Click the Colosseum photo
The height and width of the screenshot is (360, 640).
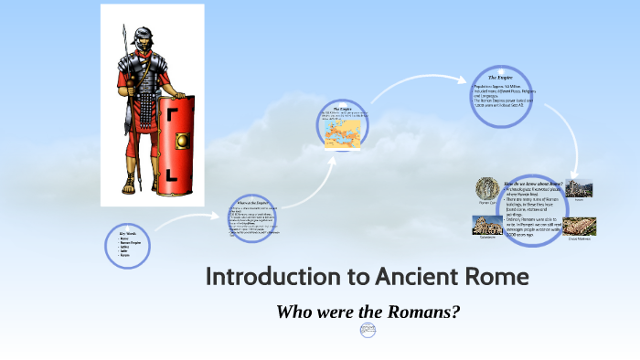(x=485, y=225)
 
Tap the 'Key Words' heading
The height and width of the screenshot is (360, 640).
(x=125, y=233)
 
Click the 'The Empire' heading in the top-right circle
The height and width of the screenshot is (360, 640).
(x=496, y=79)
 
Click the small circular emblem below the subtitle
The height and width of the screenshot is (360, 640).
(x=368, y=330)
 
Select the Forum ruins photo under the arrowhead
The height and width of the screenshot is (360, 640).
(x=578, y=188)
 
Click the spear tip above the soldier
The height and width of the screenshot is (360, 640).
(x=123, y=32)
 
